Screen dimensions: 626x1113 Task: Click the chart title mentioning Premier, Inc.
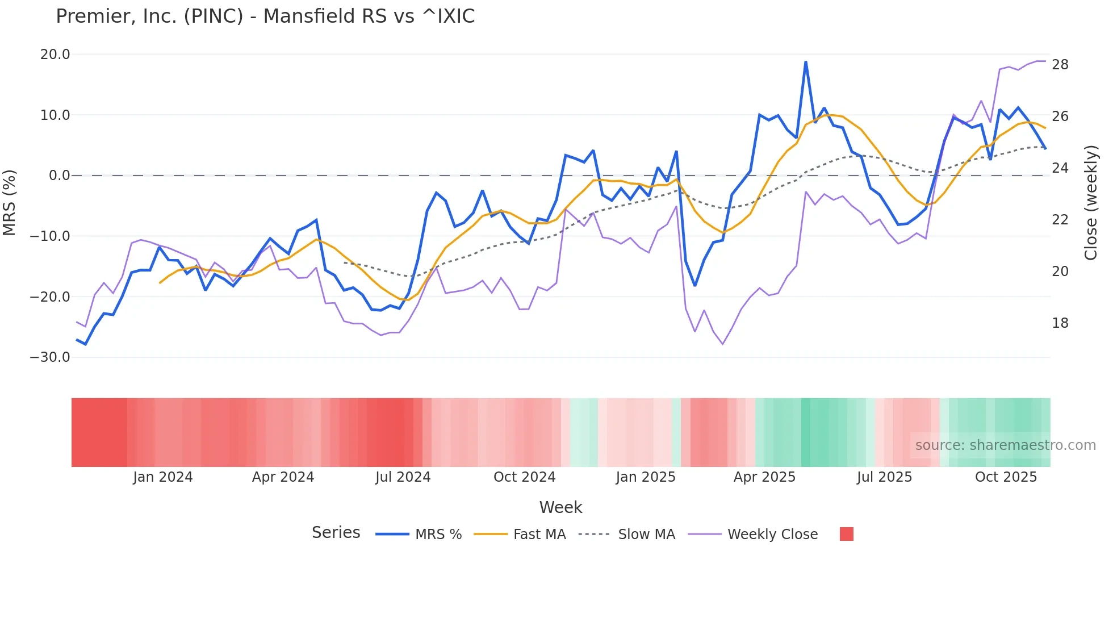(265, 16)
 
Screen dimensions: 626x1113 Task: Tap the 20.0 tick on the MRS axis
(55, 55)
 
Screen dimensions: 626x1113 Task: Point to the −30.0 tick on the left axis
(51, 357)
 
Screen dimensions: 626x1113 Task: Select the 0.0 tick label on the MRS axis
(60, 176)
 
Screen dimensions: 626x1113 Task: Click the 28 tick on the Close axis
(1060, 65)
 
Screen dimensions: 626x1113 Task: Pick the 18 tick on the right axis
(1060, 323)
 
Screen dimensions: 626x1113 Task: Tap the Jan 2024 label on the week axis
(163, 477)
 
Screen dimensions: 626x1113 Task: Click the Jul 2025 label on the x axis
(884, 477)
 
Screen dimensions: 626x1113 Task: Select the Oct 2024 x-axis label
(524, 477)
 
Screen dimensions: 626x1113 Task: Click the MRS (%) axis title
(10, 202)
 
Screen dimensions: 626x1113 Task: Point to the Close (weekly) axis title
(1091, 202)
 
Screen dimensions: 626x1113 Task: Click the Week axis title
(560, 507)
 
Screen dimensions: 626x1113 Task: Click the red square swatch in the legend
(846, 534)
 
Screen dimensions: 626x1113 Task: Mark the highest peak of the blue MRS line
(805, 62)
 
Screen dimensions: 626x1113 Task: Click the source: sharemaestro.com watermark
(1005, 445)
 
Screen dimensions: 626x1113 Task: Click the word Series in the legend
(336, 533)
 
